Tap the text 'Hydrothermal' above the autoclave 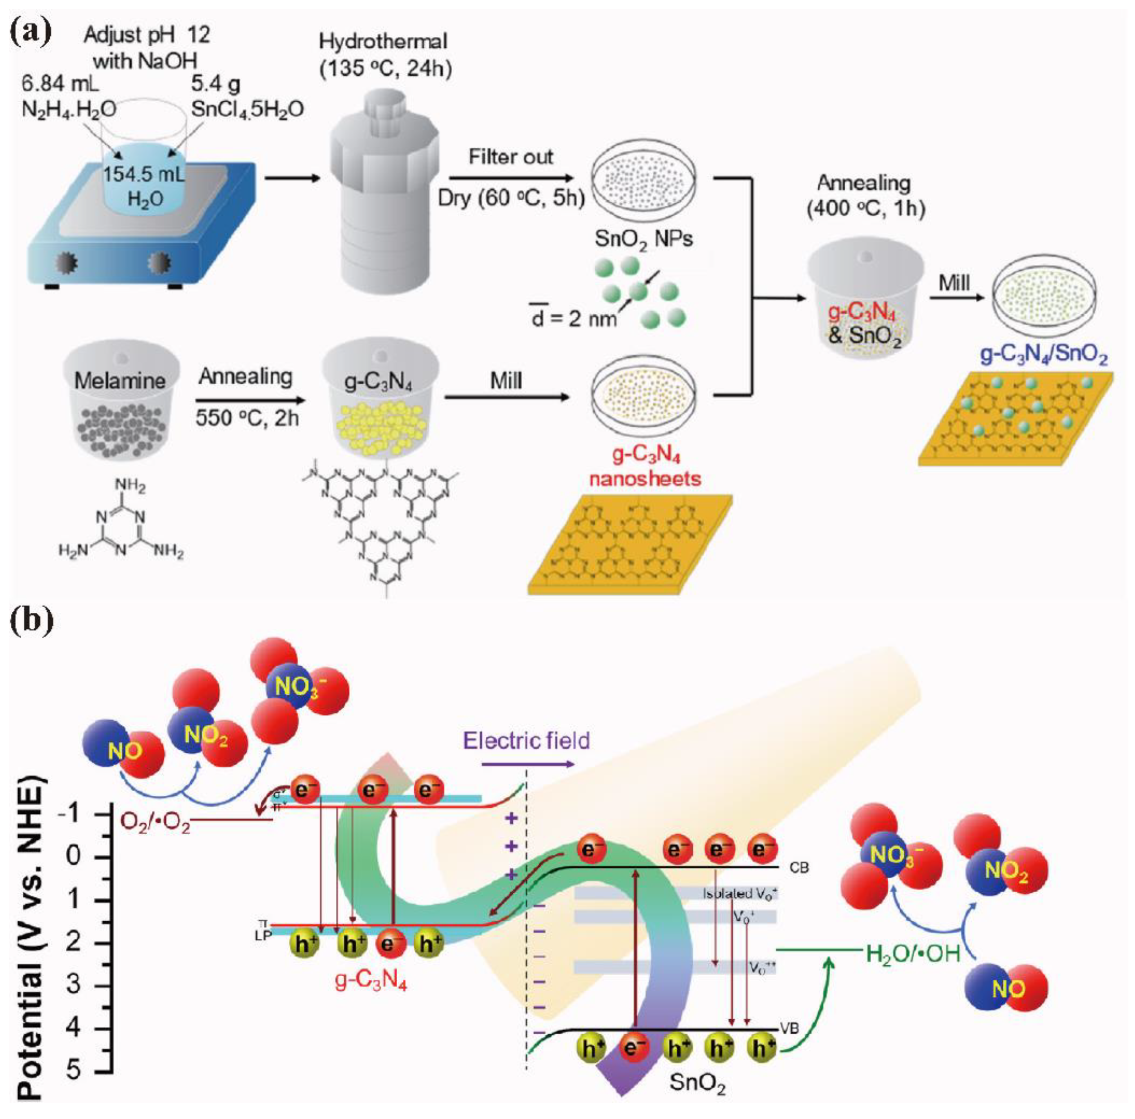[383, 42]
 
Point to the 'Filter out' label [510, 158]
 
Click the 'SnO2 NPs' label [643, 238]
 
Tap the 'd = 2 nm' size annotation [573, 319]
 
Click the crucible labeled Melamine [120, 399]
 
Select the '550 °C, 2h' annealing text [247, 417]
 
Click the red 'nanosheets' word [645, 478]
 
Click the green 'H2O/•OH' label [913, 953]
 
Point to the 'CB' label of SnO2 [799, 867]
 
